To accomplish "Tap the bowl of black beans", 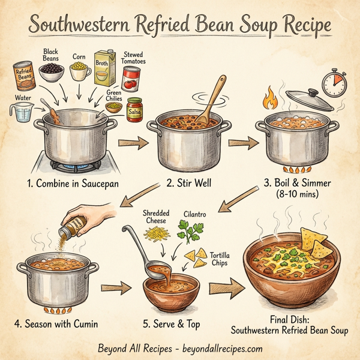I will click(x=52, y=74).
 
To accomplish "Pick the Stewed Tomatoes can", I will click(x=131, y=78).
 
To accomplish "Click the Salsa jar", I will click(x=134, y=110).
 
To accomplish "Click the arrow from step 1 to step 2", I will click(x=133, y=143).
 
